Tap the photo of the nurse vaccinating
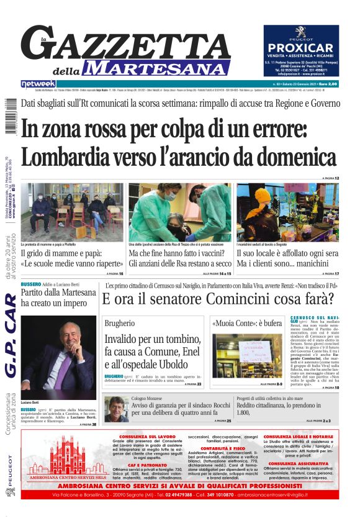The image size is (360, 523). point(179,212)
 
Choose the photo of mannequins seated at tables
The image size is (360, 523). point(287,212)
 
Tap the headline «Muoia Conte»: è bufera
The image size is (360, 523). point(246,324)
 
